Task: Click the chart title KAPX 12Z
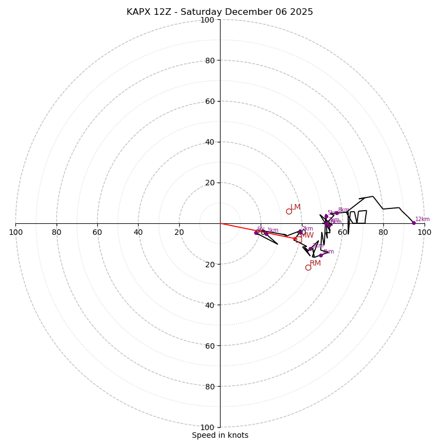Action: tap(219, 12)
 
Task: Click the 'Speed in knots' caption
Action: tap(220, 435)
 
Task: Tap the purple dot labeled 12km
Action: tap(414, 223)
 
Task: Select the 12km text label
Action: tap(422, 219)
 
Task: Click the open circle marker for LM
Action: tap(289, 211)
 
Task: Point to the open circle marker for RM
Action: tap(308, 267)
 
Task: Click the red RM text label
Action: tap(315, 263)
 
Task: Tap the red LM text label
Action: tap(295, 207)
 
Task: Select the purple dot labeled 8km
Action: tap(337, 213)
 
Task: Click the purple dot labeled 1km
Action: tap(266, 233)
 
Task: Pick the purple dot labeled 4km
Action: tap(321, 255)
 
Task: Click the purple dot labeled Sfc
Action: tap(256, 233)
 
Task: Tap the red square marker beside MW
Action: tap(299, 239)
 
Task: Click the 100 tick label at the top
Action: tap(207, 20)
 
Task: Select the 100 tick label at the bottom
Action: tap(207, 427)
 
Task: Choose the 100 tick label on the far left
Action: tap(15, 232)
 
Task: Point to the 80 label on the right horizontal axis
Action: tap(383, 232)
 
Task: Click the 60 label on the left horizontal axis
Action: tap(97, 232)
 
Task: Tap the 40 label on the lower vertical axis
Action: tap(210, 305)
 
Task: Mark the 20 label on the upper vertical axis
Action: tap(210, 183)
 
